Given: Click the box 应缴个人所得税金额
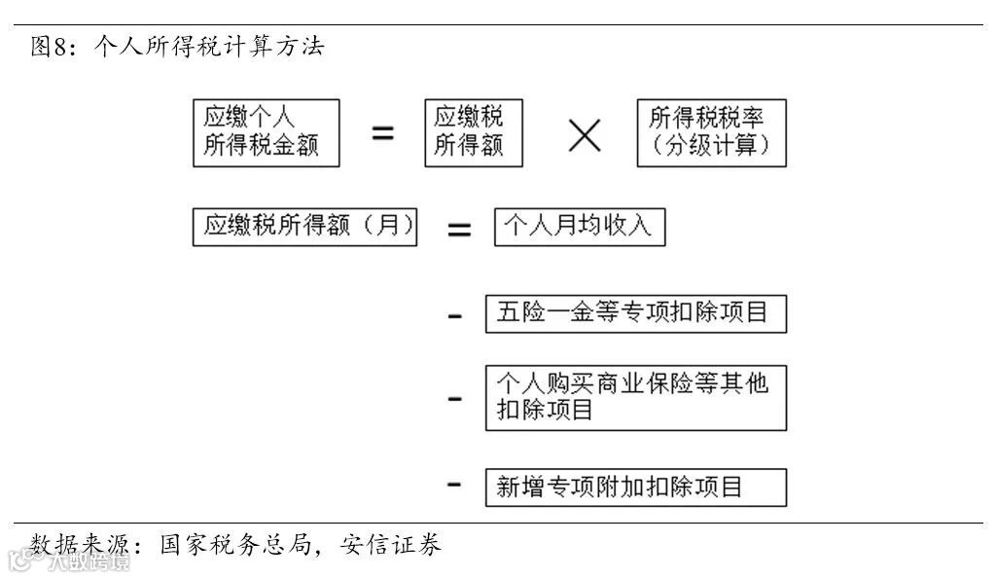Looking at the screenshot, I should tap(266, 132).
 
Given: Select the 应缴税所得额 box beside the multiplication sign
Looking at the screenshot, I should tap(473, 132).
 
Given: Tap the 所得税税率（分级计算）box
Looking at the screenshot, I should tap(711, 132).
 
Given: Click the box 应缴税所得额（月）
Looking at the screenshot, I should tap(304, 228).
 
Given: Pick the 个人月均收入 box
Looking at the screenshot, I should tap(580, 228).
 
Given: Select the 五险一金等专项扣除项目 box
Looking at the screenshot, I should tap(635, 313).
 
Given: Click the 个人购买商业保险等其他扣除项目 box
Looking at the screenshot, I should tap(635, 397).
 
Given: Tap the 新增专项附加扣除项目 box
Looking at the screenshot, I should tap(635, 487).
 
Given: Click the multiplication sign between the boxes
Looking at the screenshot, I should tap(584, 134).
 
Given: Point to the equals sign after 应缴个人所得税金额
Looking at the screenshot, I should tap(383, 133).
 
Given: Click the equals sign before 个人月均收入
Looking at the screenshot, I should tap(458, 230).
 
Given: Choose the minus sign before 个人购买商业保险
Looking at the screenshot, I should tap(454, 399).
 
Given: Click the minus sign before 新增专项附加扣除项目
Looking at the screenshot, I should tap(454, 484).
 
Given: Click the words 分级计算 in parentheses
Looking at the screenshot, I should tap(711, 146).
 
